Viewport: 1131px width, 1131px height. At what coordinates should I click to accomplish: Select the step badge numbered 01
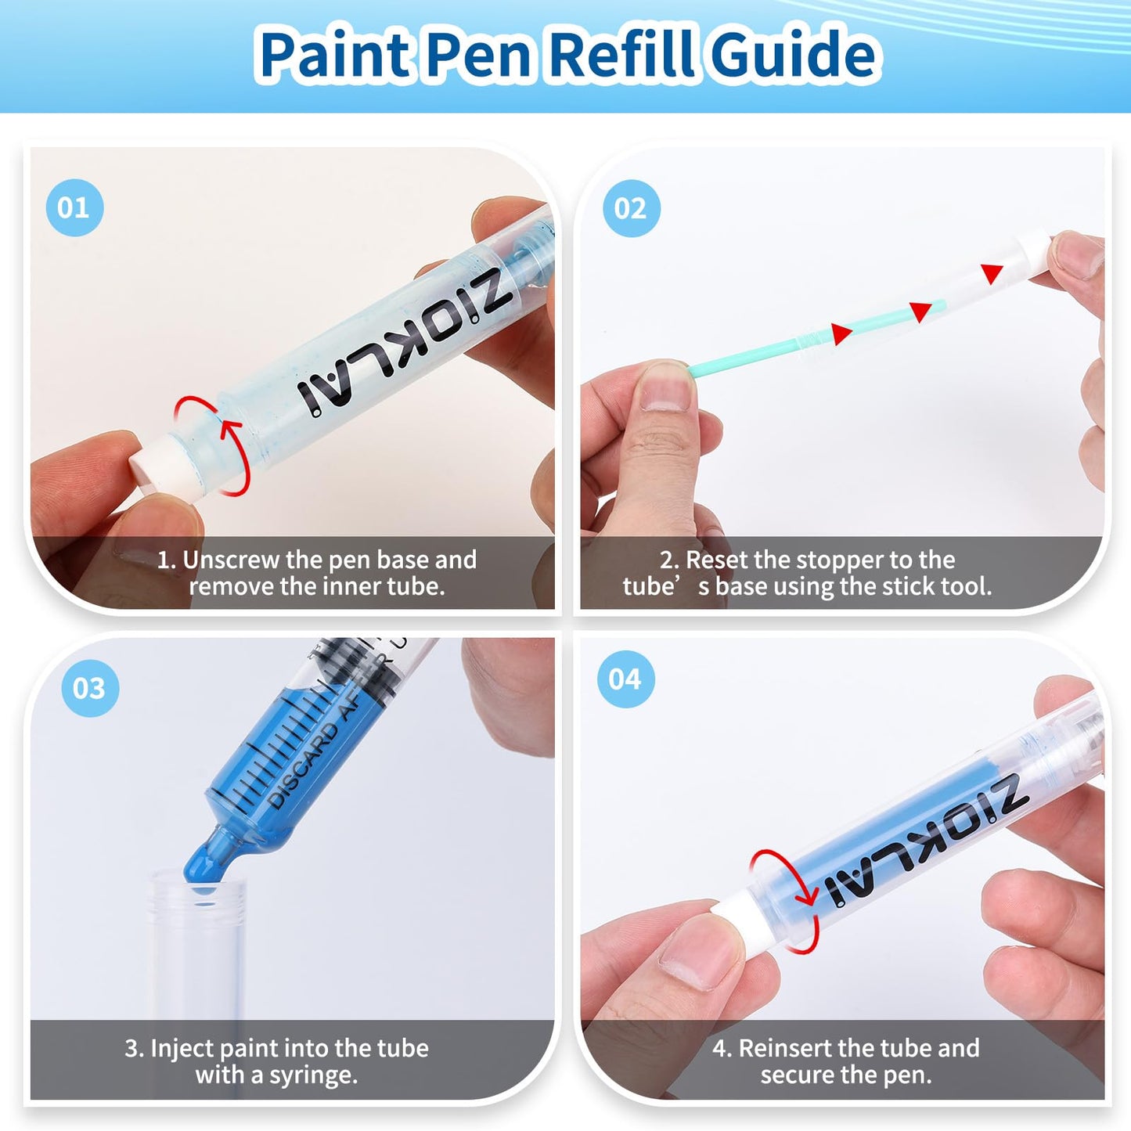tap(74, 207)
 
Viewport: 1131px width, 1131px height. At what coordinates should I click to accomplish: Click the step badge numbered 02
tap(630, 208)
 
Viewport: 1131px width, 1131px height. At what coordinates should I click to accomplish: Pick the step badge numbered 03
tap(89, 688)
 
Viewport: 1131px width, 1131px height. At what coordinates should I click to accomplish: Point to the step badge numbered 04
tap(625, 679)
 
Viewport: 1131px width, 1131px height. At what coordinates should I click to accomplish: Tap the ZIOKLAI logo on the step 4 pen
tap(924, 841)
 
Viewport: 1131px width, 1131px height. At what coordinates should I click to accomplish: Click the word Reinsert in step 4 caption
tap(785, 1048)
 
